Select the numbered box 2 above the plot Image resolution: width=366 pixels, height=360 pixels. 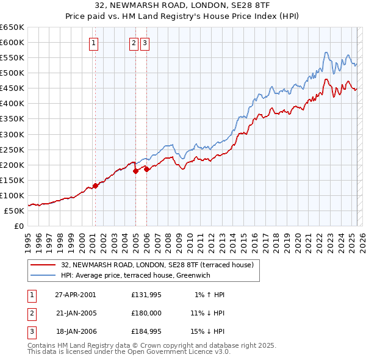pos(134,43)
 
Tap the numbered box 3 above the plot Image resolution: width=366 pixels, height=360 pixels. pos(145,43)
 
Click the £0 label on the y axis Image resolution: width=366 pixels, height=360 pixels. pos(18,226)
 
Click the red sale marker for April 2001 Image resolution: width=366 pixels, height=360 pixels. pos(96,185)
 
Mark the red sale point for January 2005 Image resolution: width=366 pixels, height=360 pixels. pos(136,171)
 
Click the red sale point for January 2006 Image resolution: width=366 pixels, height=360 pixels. pos(147,169)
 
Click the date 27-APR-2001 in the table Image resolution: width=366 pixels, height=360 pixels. pos(75,295)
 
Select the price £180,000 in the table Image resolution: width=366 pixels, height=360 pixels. pos(146,313)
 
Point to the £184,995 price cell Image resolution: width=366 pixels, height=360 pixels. pos(146,331)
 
